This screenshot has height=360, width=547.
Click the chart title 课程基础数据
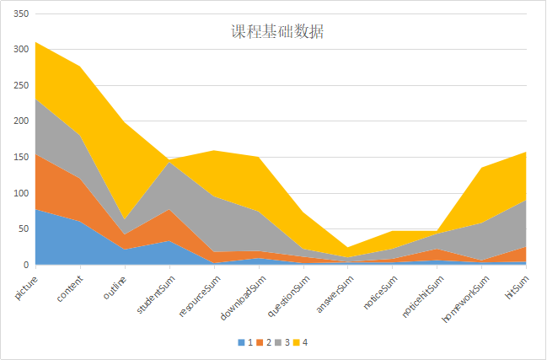(277, 32)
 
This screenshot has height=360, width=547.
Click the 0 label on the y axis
(25, 265)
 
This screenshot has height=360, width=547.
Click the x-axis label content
(70, 284)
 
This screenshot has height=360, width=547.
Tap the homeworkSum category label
(463, 295)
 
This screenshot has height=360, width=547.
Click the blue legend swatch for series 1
(241, 342)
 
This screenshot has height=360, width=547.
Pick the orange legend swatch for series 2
(260, 342)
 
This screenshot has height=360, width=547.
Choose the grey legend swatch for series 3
(278, 342)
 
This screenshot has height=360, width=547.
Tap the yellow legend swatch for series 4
(297, 342)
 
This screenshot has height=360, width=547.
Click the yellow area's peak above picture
(35, 42)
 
